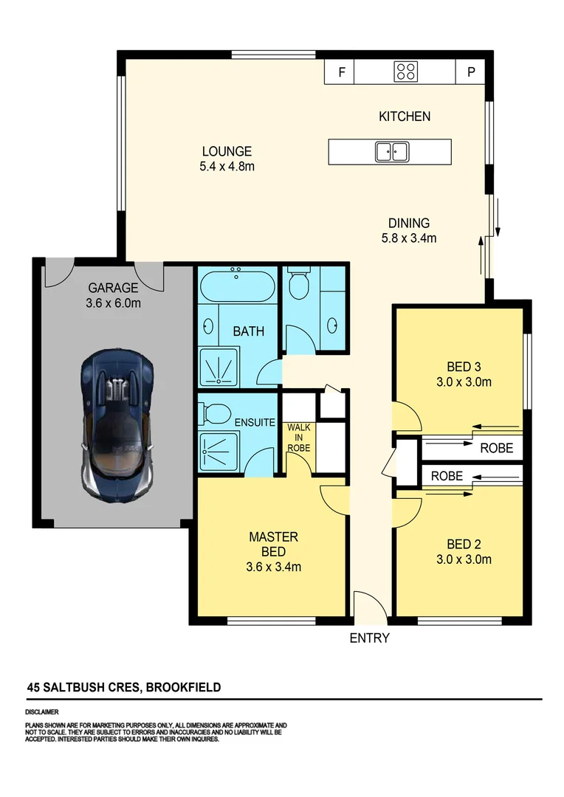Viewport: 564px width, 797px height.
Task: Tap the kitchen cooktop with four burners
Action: [405, 72]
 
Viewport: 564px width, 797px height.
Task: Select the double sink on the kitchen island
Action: [391, 152]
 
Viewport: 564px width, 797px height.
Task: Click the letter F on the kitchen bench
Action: [341, 72]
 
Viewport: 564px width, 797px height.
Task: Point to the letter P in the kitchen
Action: [470, 72]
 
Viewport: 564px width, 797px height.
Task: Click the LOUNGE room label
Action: [227, 151]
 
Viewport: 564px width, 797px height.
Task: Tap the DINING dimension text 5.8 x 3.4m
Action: [409, 238]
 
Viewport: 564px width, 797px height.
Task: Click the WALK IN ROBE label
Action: [299, 438]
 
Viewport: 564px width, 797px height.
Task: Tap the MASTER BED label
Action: [273, 544]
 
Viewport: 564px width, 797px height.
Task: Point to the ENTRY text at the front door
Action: [369, 638]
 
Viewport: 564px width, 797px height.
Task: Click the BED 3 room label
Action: [464, 367]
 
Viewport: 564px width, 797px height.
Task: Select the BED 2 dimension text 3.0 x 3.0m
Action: [464, 559]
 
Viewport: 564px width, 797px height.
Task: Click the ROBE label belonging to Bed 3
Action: [496, 447]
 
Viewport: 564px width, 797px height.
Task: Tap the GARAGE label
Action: [114, 288]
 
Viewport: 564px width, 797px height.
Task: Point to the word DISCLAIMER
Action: [42, 713]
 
